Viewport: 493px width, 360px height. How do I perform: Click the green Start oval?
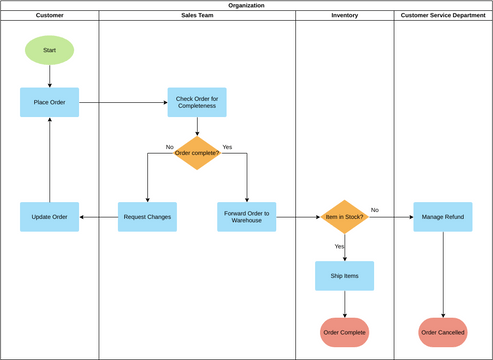[x=49, y=49]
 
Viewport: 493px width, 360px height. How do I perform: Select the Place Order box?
[x=49, y=102]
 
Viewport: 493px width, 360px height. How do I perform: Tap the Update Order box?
[x=49, y=217]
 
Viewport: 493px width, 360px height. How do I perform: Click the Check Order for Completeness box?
[x=197, y=102]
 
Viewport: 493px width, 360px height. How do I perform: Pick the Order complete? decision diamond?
[x=197, y=153]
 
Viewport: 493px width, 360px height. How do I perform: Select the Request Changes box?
[x=147, y=217]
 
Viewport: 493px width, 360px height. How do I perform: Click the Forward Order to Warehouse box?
[x=247, y=217]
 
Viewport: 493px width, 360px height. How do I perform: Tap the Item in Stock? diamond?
[x=345, y=217]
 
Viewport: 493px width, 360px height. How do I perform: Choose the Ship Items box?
[x=345, y=276]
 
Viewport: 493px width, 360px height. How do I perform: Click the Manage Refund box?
[x=443, y=217]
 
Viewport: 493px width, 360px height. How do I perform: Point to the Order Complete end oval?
[x=345, y=332]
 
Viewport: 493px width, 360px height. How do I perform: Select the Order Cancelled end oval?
[x=443, y=332]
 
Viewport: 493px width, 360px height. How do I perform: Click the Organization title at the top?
[x=246, y=5]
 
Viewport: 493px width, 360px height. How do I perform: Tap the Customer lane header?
[x=49, y=16]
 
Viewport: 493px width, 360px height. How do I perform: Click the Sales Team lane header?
[x=197, y=16]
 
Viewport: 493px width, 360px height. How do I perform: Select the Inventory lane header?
[x=345, y=16]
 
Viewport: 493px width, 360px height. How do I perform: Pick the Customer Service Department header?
[x=443, y=16]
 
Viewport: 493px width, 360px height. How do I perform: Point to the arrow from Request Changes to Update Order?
[x=98, y=217]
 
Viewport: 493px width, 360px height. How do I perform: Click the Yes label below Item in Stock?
[x=339, y=246]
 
